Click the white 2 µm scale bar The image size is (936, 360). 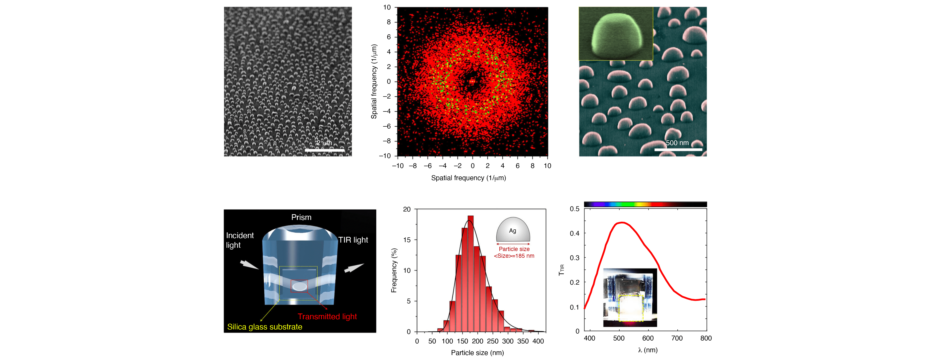click(324, 150)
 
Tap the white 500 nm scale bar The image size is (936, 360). click(678, 149)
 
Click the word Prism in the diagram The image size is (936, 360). click(301, 217)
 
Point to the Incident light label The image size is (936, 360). click(240, 240)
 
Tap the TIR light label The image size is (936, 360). click(353, 240)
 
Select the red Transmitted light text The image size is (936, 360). click(327, 316)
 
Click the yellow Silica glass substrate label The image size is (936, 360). click(265, 327)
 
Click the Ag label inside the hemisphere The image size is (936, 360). click(512, 231)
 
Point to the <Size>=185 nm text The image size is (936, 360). click(514, 256)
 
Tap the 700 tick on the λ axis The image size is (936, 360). click(677, 338)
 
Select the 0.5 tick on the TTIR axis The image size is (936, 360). click(575, 209)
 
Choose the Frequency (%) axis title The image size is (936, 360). click(394, 270)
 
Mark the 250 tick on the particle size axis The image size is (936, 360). click(492, 341)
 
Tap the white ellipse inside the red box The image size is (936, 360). click(299, 286)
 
